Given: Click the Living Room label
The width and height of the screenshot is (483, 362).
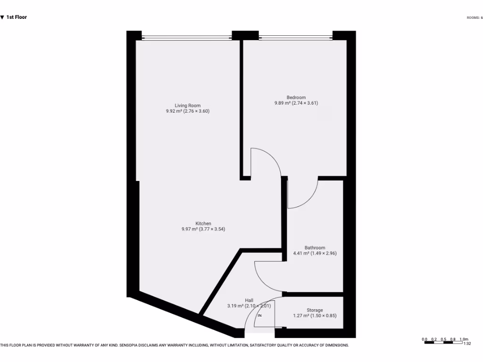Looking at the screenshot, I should pos(188,106).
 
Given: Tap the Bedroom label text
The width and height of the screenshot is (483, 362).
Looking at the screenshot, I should pos(296,98).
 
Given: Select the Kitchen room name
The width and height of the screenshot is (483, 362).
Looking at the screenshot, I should pos(203,223).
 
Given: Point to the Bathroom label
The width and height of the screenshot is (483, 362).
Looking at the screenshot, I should pos(315,247).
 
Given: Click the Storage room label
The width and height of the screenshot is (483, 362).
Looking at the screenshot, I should pos(315,310).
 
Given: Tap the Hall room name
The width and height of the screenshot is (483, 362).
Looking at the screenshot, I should pos(249,300).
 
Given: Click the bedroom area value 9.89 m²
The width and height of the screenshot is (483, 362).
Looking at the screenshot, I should pos(283,103).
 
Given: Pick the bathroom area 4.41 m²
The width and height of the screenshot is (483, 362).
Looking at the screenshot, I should pos(301,253).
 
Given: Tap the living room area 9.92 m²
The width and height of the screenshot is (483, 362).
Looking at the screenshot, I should pos(173,111).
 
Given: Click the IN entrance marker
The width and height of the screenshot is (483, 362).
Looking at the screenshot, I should pos(259,315).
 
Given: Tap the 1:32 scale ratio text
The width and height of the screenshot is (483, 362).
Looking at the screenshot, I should pos(467,344).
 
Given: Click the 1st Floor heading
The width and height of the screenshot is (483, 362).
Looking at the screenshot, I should pos(17,17).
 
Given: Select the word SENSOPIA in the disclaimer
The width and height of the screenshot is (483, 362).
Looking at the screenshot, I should pos(134,346).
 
